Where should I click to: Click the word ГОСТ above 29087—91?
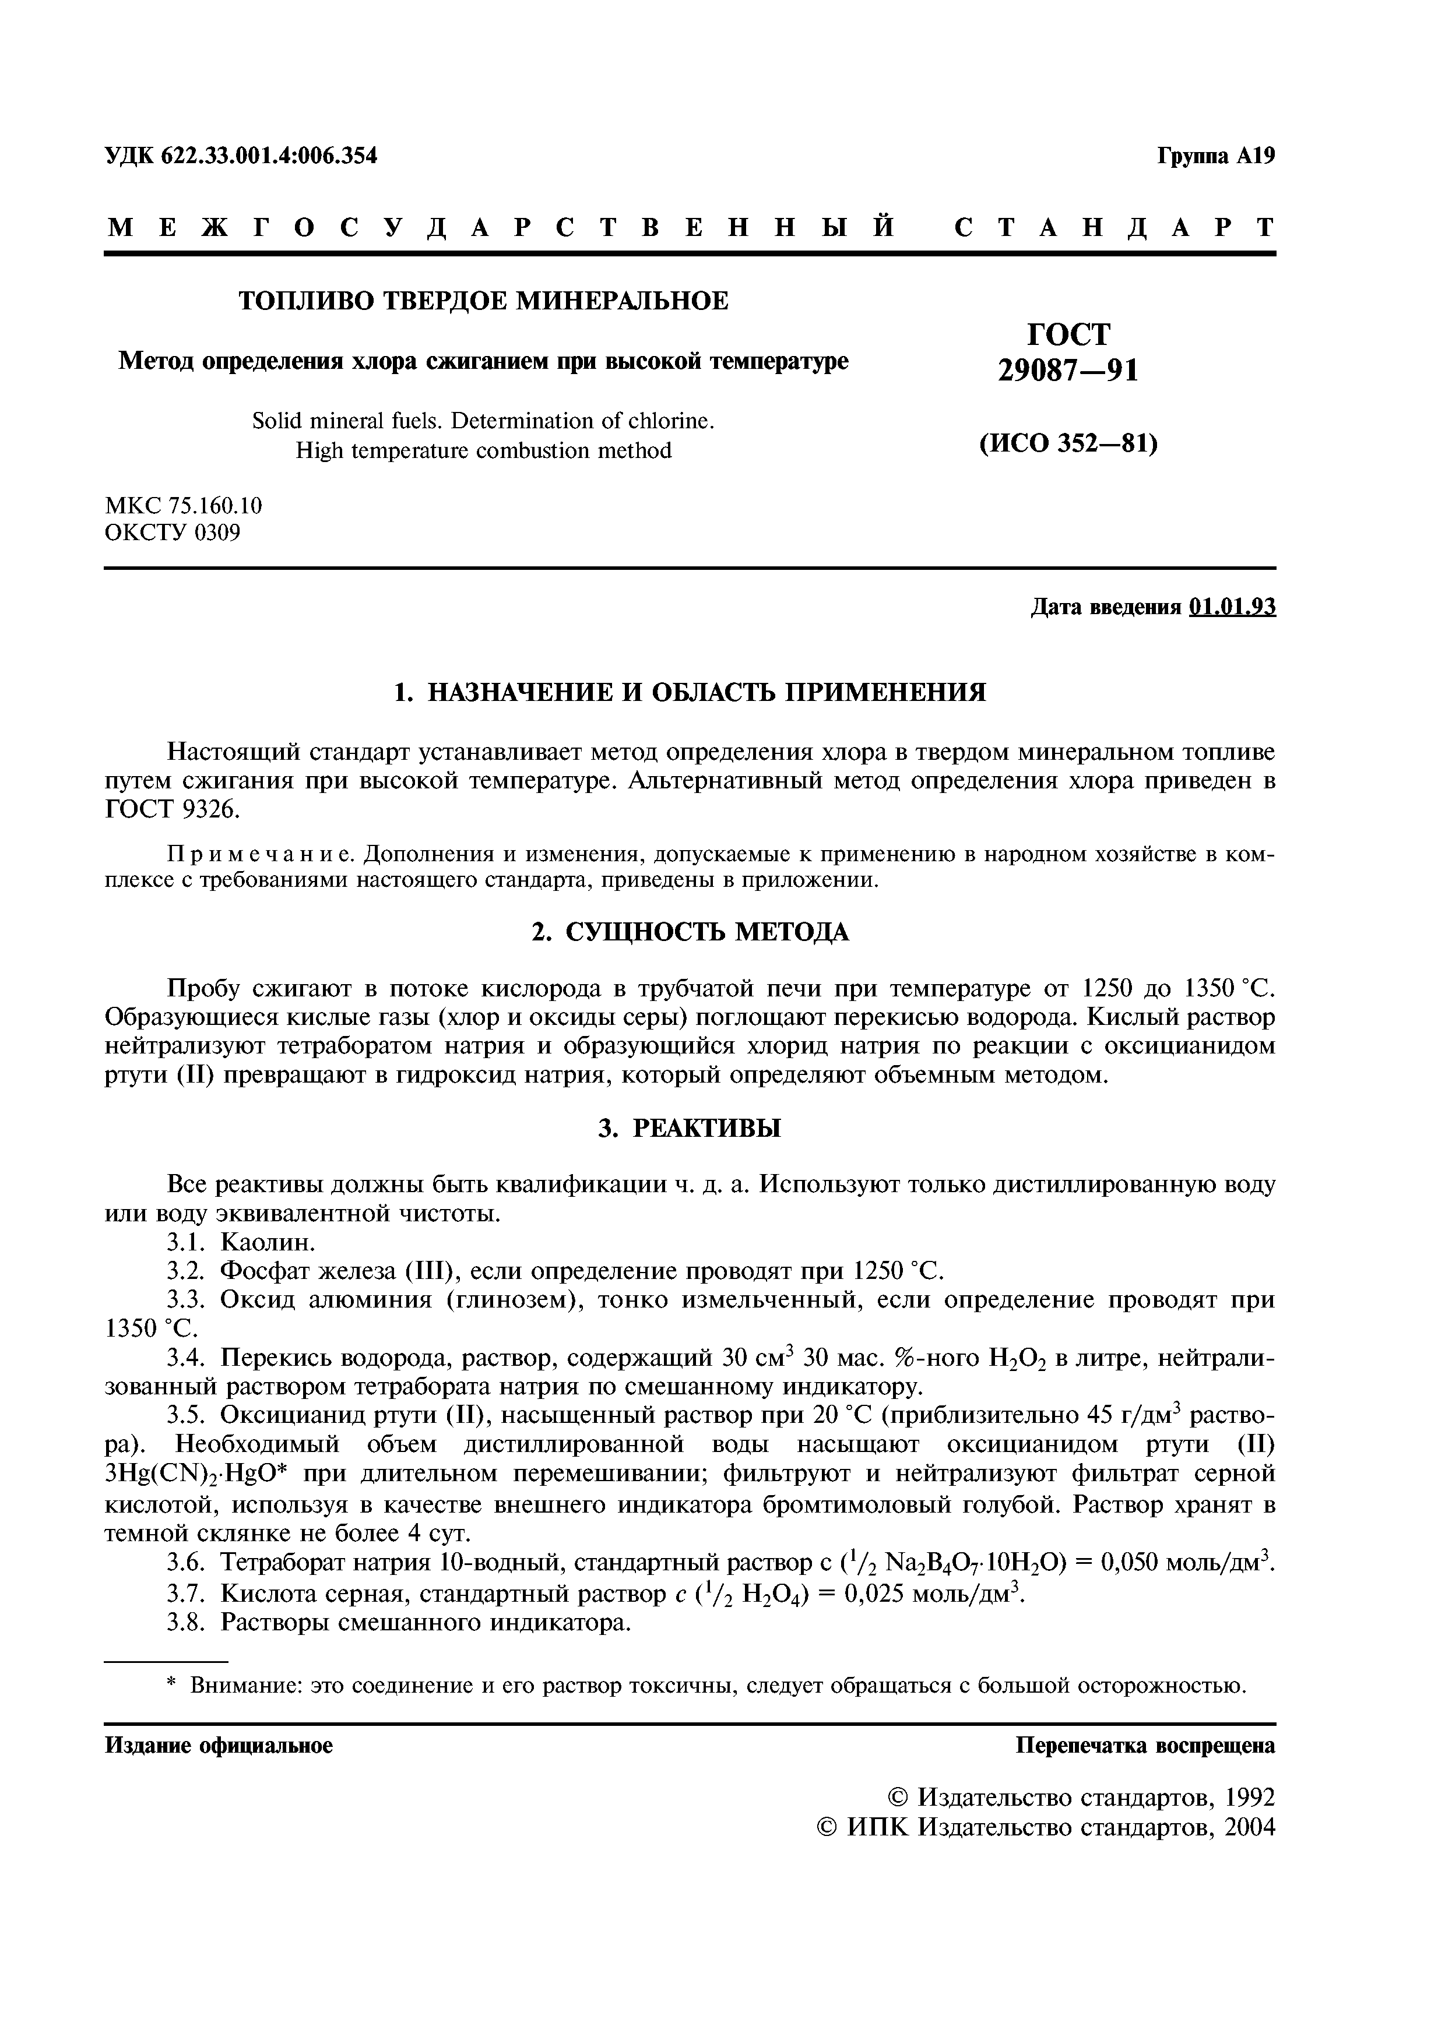[1068, 334]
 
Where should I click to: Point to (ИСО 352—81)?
[1068, 442]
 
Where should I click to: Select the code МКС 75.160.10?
[184, 506]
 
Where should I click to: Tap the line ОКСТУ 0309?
[173, 533]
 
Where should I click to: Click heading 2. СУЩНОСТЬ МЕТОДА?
[690, 932]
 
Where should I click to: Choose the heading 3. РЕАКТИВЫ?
[690, 1129]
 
